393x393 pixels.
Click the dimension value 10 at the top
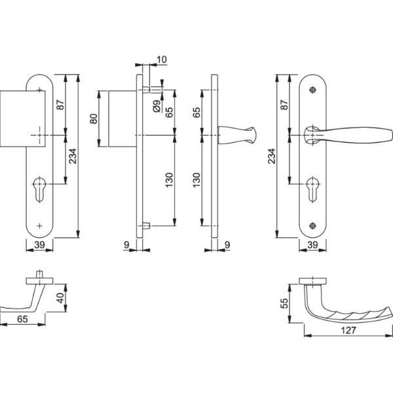(162, 60)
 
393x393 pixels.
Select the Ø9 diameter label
(157, 105)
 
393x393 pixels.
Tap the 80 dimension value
(94, 119)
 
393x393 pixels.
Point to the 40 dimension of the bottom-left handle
(60, 298)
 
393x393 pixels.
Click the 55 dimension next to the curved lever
(285, 303)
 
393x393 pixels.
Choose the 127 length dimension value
(348, 330)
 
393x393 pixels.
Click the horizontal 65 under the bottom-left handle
(22, 319)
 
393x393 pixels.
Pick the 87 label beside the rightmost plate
(284, 105)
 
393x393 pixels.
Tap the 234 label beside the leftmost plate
(73, 156)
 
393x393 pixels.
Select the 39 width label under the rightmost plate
(312, 244)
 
